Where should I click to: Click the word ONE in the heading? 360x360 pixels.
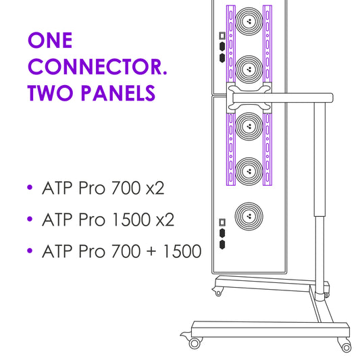click(50, 40)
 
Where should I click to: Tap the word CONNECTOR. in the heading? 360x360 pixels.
click(97, 67)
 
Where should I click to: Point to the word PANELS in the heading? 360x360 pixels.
click(118, 93)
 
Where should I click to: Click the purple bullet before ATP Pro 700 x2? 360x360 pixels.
click(30, 187)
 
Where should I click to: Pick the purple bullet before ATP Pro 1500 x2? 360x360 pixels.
click(30, 219)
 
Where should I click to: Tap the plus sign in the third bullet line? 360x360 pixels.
click(151, 251)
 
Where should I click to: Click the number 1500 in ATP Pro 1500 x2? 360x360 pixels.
click(131, 220)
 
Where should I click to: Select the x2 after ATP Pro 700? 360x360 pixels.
click(155, 188)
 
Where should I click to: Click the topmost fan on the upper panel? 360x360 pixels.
click(249, 22)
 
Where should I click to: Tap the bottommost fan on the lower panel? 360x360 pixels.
click(249, 216)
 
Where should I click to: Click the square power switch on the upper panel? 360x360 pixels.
click(222, 36)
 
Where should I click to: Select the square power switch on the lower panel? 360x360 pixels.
click(222, 222)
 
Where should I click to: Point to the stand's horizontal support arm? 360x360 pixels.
click(282, 98)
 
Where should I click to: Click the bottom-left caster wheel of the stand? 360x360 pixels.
click(195, 344)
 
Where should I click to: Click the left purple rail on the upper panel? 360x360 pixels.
click(231, 44)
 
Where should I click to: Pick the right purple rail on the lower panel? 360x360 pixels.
click(267, 149)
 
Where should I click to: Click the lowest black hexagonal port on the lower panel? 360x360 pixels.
click(222, 245)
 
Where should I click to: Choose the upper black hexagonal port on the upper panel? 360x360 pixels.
click(222, 47)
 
